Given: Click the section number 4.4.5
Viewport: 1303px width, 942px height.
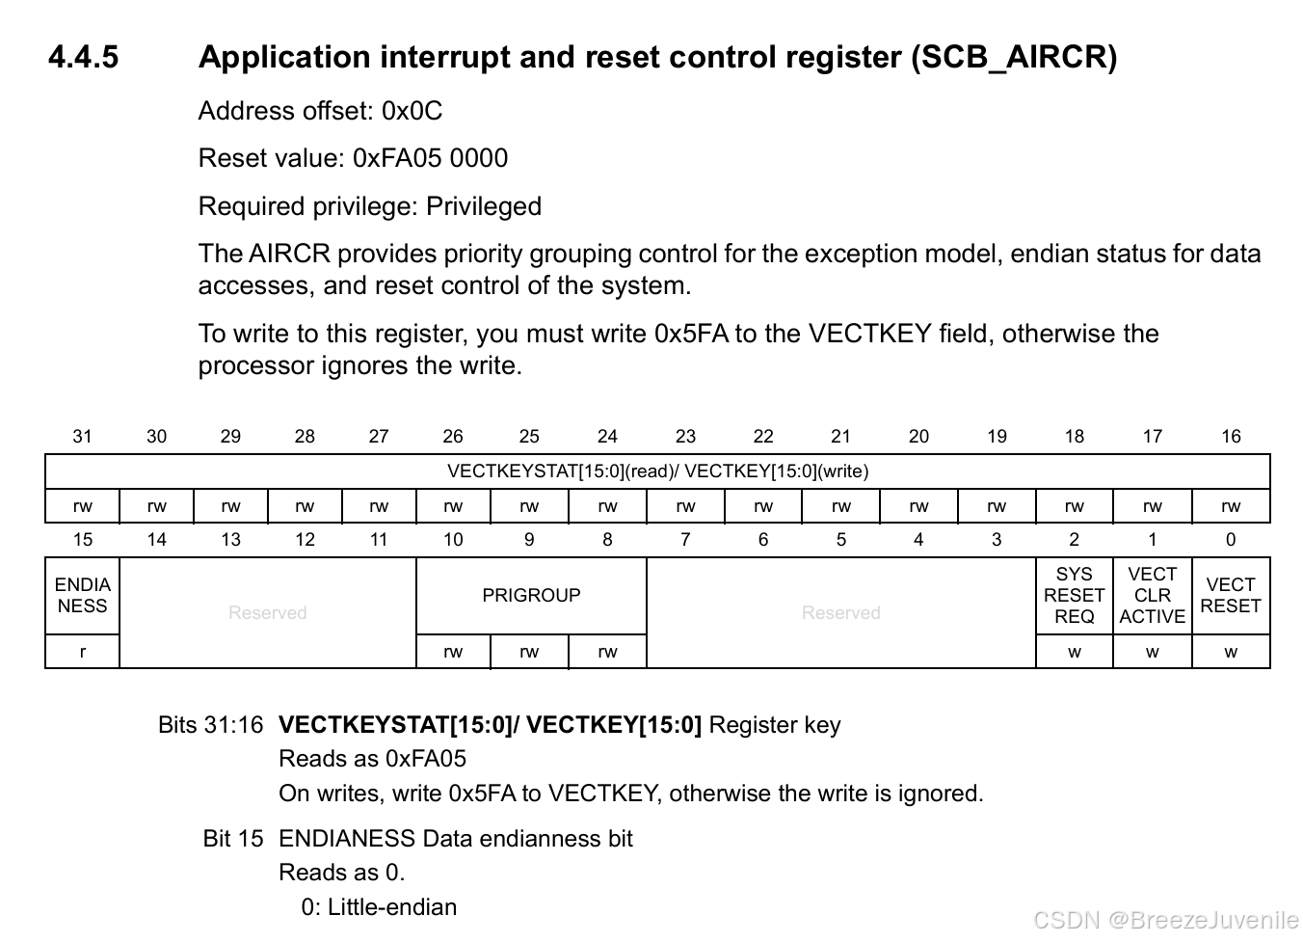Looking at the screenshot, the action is point(83,57).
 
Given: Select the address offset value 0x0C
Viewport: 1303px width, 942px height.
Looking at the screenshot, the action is point(412,111).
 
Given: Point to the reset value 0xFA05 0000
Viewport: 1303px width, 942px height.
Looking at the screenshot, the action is point(430,158).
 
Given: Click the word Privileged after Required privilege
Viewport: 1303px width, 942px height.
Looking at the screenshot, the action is point(484,206).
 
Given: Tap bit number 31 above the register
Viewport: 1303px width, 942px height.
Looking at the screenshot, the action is point(83,437).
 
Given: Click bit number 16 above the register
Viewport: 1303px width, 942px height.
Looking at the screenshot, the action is point(1231,437).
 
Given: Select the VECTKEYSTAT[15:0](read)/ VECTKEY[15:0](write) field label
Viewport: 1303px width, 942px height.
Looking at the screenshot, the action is point(657,471).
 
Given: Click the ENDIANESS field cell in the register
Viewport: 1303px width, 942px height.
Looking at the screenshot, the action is point(83,596).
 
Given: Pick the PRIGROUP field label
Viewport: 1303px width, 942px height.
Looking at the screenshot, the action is point(531,596).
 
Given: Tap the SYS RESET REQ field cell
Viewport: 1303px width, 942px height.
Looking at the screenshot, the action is point(1074,596).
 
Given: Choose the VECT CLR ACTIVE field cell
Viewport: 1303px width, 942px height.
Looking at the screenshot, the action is point(1152,596).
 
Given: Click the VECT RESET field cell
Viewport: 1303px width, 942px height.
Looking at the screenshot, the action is point(1231,596).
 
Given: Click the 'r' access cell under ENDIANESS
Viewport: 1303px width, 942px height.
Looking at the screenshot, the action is point(83,652).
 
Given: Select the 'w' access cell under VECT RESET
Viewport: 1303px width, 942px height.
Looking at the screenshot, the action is point(1231,652).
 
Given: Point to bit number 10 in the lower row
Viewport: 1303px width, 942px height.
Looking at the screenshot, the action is point(453,540).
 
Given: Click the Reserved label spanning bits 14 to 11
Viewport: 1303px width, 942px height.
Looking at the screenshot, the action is point(267,613).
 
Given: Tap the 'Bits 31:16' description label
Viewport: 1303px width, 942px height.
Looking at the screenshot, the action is point(210,725).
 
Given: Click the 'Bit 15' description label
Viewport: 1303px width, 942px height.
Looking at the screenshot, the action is point(232,839).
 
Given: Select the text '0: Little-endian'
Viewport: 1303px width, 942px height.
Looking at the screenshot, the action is point(379,907).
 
